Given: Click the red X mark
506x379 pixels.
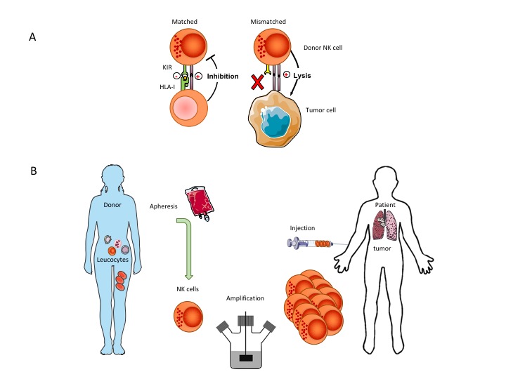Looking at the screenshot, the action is pyautogui.click(x=257, y=82).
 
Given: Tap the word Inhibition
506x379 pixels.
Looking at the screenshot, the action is pyautogui.click(x=223, y=77).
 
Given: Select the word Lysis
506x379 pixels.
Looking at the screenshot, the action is pyautogui.click(x=302, y=76).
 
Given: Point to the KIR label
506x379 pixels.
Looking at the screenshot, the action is pyautogui.click(x=167, y=67).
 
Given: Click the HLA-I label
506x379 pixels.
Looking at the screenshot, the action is pyautogui.click(x=167, y=87).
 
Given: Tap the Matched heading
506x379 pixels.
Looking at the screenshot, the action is pyautogui.click(x=184, y=22).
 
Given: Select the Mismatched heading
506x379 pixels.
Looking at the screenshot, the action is pyautogui.click(x=268, y=22).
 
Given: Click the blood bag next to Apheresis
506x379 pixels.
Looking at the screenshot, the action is pyautogui.click(x=200, y=203).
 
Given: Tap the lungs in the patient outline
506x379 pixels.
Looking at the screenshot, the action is pyautogui.click(x=385, y=225).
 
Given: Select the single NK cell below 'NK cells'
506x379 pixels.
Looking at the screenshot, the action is pyautogui.click(x=188, y=316).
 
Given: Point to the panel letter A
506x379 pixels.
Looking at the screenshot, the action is pyautogui.click(x=32, y=37).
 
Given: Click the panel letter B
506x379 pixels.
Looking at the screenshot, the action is pyautogui.click(x=34, y=171).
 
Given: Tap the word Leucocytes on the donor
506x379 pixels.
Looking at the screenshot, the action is pyautogui.click(x=112, y=260).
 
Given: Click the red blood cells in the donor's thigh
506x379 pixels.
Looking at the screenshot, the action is pyautogui.click(x=121, y=281).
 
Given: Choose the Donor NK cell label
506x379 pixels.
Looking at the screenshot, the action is pyautogui.click(x=323, y=48).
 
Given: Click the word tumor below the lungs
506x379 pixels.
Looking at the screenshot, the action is pyautogui.click(x=382, y=248).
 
